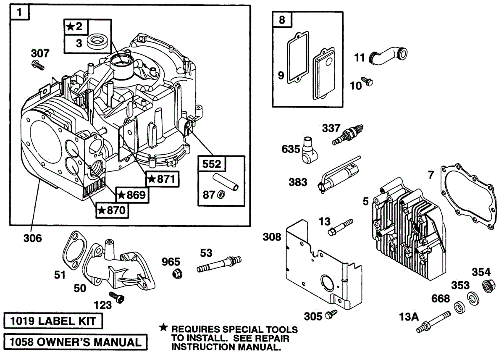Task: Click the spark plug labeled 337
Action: pos(348,135)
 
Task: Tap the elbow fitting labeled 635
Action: pos(310,150)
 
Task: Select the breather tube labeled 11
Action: pos(388,55)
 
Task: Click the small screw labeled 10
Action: pos(367,81)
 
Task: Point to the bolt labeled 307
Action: pos(38,65)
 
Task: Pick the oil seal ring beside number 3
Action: pos(99,42)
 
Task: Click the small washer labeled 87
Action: pos(221,194)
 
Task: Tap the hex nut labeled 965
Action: pos(177,274)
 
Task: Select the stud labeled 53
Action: pos(219,265)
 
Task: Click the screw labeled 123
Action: pos(117,297)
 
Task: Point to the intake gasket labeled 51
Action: pos(74,250)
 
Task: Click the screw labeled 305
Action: pos(331,314)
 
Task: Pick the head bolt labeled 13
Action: pos(341,227)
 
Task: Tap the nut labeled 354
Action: pos(489,286)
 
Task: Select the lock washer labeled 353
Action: pos(473,298)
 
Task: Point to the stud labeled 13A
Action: pos(433,322)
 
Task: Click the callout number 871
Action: pos(166,179)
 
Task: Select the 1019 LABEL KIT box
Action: pos(53,321)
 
